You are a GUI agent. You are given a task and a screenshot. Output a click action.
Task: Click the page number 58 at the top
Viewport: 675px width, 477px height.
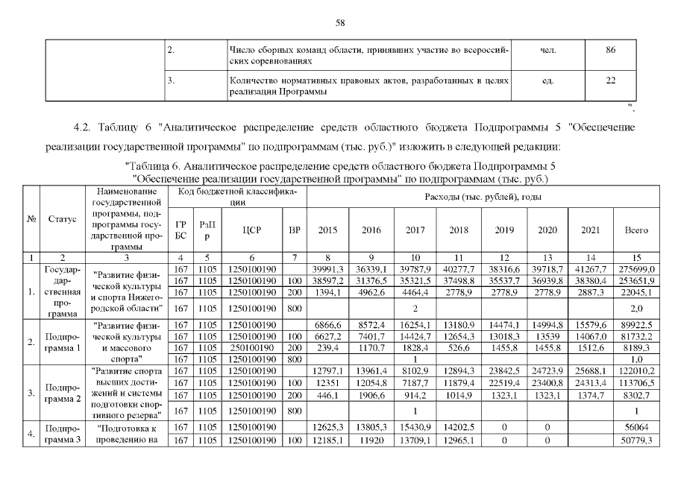tap(337, 23)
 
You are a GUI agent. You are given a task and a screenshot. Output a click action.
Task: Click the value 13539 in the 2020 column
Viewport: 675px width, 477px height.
tap(548, 335)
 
